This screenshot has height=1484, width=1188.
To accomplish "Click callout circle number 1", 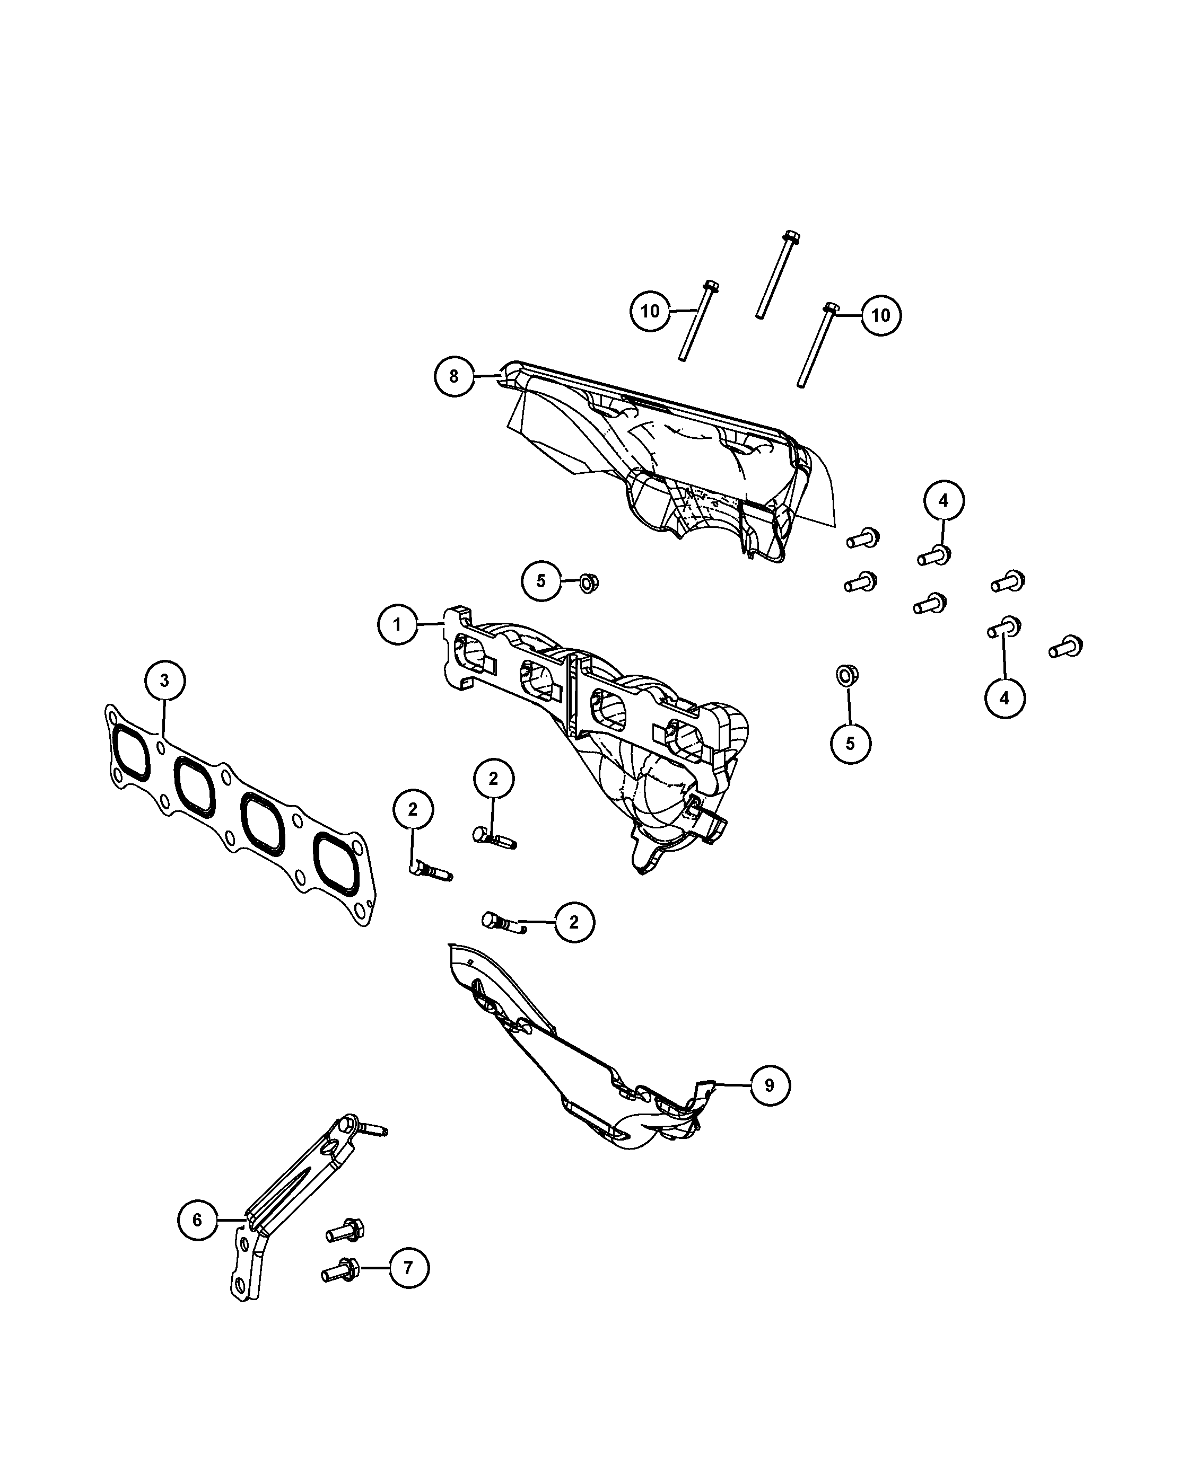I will click(x=397, y=625).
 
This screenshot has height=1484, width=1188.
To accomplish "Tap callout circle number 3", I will click(x=164, y=681).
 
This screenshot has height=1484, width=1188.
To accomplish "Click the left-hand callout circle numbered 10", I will click(x=650, y=311).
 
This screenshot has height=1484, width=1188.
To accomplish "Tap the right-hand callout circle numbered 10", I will click(x=881, y=315).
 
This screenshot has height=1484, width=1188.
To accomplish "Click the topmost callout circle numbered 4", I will click(x=944, y=500).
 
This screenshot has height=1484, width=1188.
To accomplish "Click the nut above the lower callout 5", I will click(x=846, y=675).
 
